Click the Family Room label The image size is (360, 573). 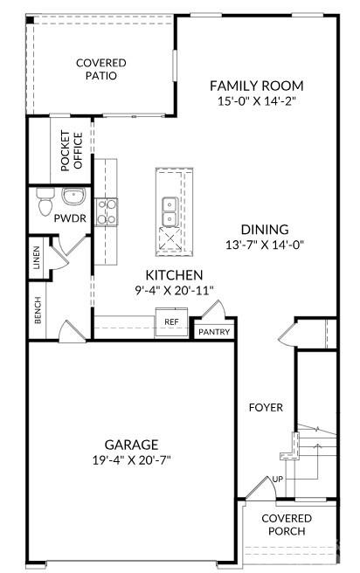pyautogui.click(x=256, y=86)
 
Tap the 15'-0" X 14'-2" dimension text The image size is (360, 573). pyautogui.click(x=256, y=101)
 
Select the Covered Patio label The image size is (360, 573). pyautogui.click(x=101, y=69)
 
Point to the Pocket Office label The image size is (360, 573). pyautogui.click(x=71, y=150)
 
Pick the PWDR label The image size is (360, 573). pyautogui.click(x=70, y=217)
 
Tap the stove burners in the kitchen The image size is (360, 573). pyautogui.click(x=106, y=212)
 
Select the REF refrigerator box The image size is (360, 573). pyautogui.click(x=171, y=321)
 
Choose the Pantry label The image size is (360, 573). pyautogui.click(x=212, y=332)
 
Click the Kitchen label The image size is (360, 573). pyautogui.click(x=174, y=274)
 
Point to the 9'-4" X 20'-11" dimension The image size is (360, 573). pyautogui.click(x=174, y=290)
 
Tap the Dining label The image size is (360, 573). pyautogui.click(x=265, y=230)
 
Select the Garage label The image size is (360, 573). pyautogui.click(x=130, y=444)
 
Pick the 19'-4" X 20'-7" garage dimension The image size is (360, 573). pyautogui.click(x=130, y=459)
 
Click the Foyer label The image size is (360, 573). pyautogui.click(x=265, y=407)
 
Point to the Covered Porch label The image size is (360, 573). pyautogui.click(x=287, y=524)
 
